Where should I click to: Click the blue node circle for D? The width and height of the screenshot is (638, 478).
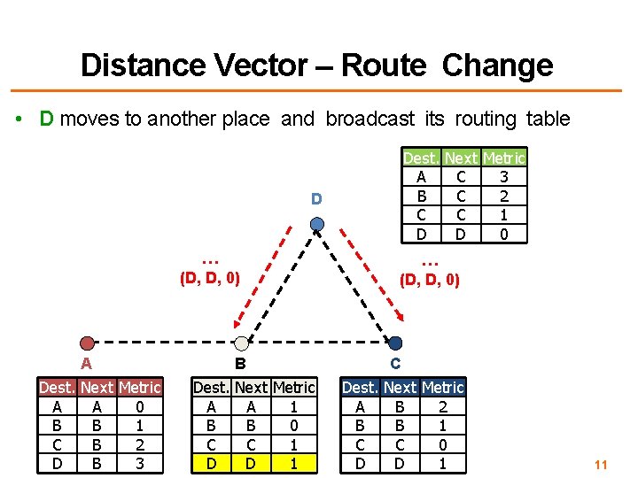tap(317, 224)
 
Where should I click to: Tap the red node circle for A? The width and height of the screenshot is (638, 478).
tap(86, 343)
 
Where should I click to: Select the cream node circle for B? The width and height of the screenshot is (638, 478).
tap(241, 343)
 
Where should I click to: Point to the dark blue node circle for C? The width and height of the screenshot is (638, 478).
tap(395, 343)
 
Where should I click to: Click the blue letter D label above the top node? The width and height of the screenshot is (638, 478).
tap(316, 199)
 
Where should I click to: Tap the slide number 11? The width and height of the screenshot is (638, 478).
tap(600, 465)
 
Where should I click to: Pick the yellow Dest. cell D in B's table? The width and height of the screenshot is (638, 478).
tap(211, 462)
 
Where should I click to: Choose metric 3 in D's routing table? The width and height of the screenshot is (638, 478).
tap(503, 177)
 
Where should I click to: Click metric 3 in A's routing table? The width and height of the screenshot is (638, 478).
tap(140, 462)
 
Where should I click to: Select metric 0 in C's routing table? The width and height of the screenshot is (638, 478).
tap(443, 443)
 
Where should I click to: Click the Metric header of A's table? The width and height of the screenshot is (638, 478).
tap(140, 388)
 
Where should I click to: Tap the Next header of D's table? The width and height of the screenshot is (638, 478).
tap(461, 158)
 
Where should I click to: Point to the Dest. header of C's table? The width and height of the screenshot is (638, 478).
tap(360, 388)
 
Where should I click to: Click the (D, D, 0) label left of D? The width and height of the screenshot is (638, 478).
tap(210, 279)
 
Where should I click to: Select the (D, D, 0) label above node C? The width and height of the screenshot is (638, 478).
tap(430, 281)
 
